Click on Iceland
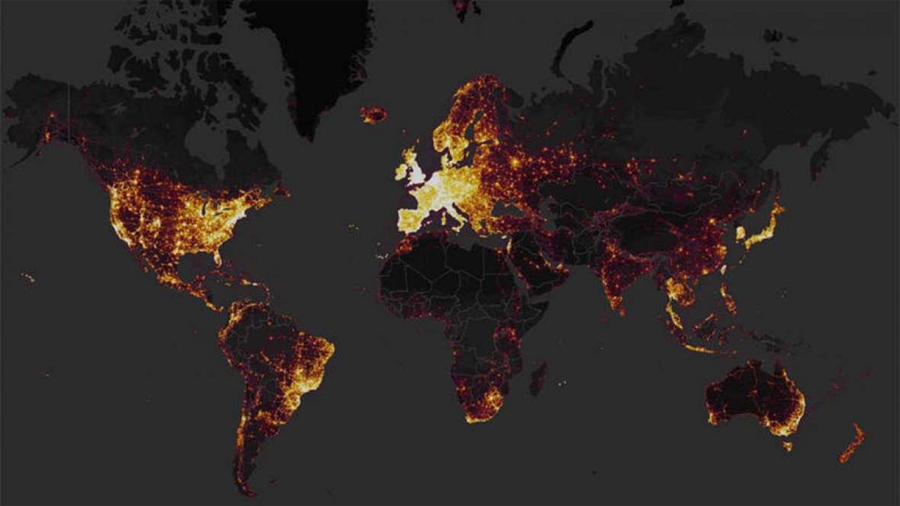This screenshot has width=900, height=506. [x=373, y=115]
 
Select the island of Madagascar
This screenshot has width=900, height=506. [x=538, y=377]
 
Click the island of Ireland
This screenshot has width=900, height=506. [x=402, y=169]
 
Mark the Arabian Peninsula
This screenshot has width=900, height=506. [x=540, y=264]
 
